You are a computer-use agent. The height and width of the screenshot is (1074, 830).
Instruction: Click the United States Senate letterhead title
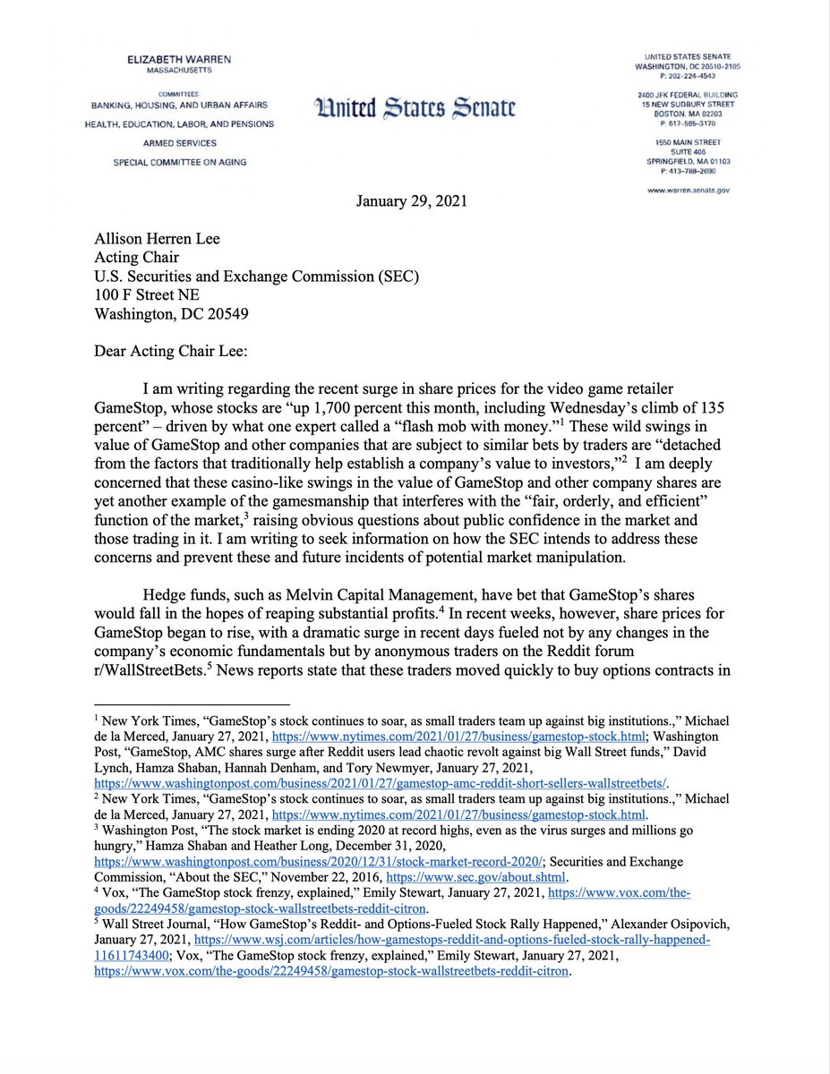[415, 109]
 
